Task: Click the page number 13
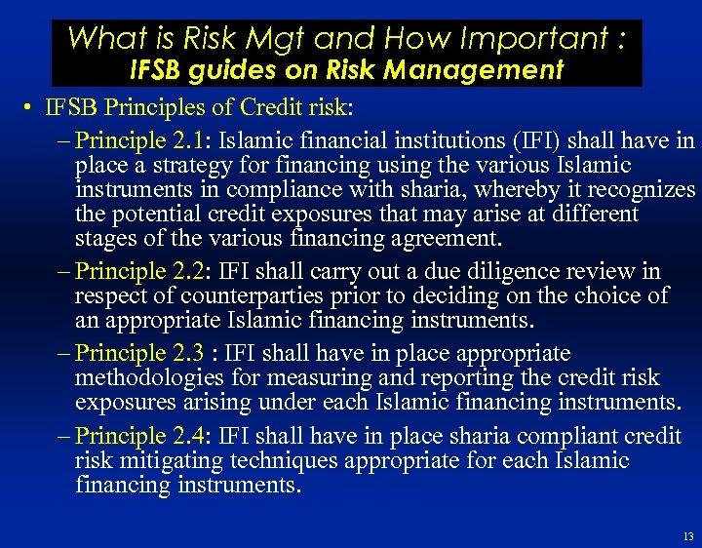tap(688, 536)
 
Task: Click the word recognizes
tap(640, 189)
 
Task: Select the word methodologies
tap(149, 378)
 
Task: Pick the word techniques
tap(282, 460)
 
